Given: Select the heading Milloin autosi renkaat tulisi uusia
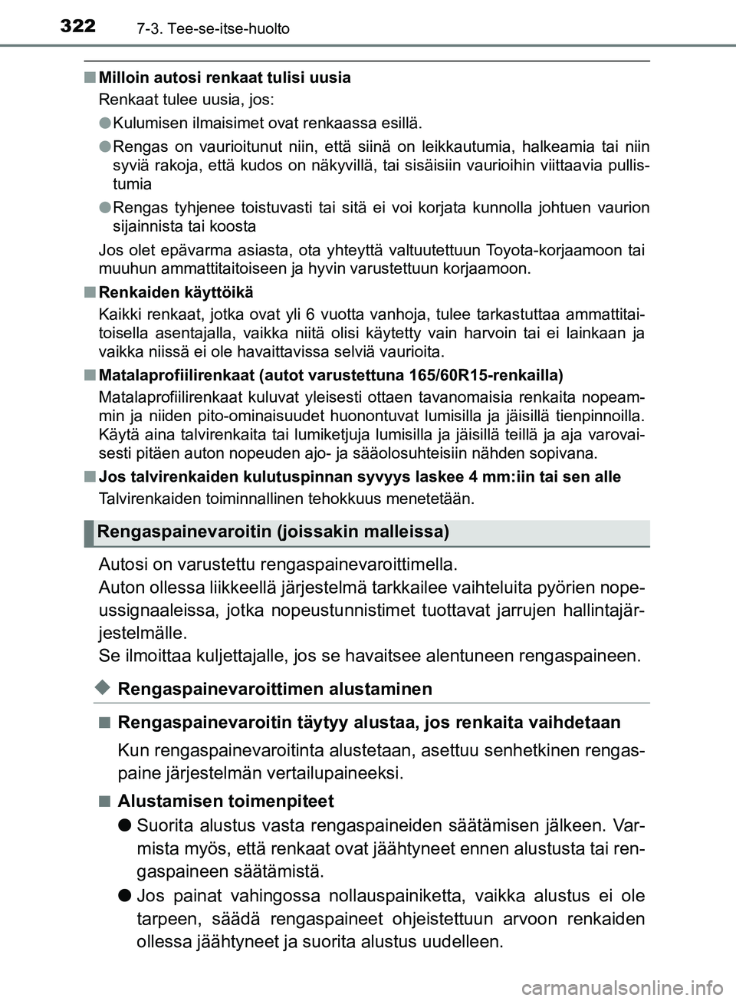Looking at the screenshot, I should click(225, 77).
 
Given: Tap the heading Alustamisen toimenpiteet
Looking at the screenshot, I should click(227, 802).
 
